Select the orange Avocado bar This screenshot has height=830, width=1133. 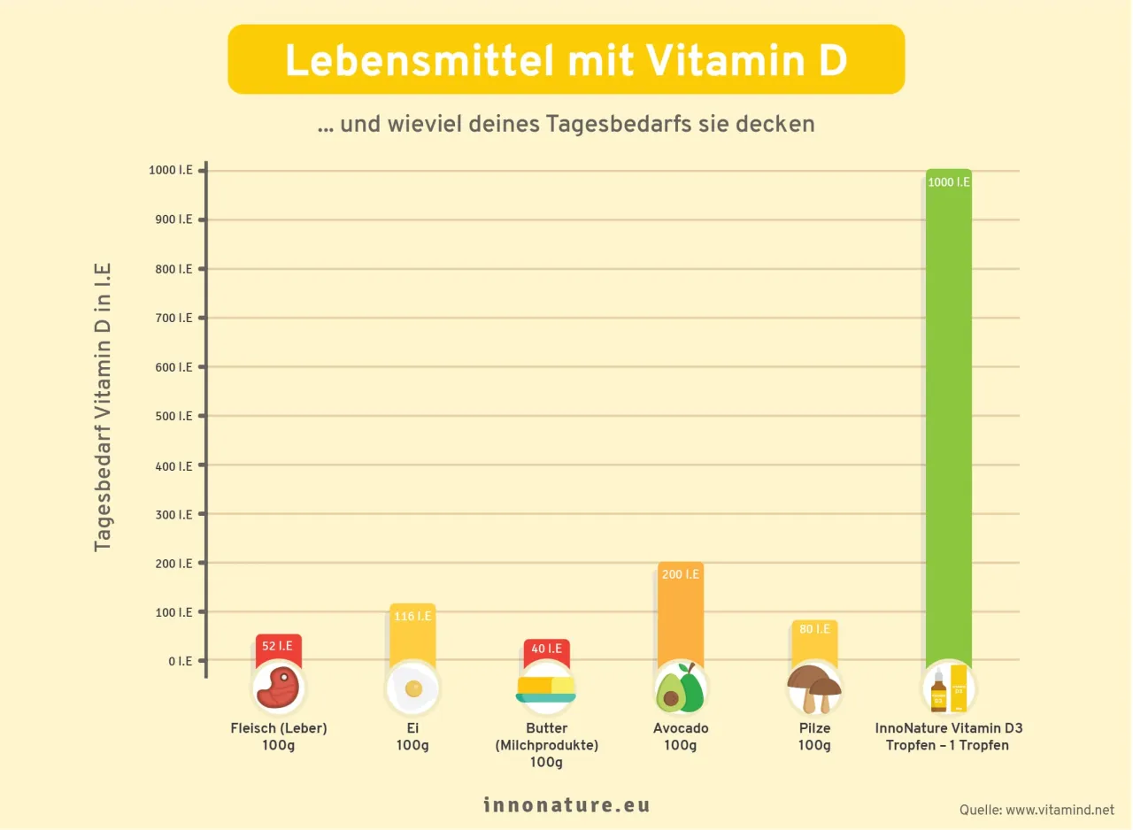point(680,619)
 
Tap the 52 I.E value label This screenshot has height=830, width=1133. point(278,647)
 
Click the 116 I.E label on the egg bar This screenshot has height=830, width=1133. point(412,616)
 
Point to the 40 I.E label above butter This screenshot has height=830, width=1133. point(546,649)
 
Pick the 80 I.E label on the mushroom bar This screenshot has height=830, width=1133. point(814,629)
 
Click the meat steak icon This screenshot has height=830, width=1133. point(278,688)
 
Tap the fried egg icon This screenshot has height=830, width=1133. point(412,688)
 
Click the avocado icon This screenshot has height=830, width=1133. point(680,688)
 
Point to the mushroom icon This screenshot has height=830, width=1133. point(813,688)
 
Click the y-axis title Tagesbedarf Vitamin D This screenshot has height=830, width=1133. point(104,407)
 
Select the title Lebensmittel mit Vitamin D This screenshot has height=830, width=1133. point(566,59)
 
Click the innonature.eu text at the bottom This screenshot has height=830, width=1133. point(566,805)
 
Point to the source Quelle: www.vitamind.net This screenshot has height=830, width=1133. point(1037,810)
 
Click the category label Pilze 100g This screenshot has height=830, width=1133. point(813,737)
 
